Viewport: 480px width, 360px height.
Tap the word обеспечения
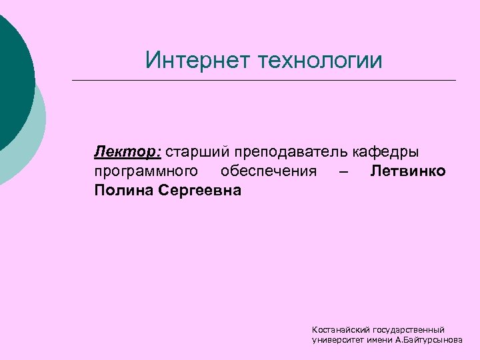pyautogui.click(x=269, y=171)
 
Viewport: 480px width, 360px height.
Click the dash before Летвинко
pyautogui.click(x=343, y=171)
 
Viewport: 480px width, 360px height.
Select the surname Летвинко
pyautogui.click(x=408, y=171)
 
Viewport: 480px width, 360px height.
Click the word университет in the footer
pyautogui.click(x=336, y=340)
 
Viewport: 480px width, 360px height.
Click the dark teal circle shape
pyautogui.click(x=13, y=73)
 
